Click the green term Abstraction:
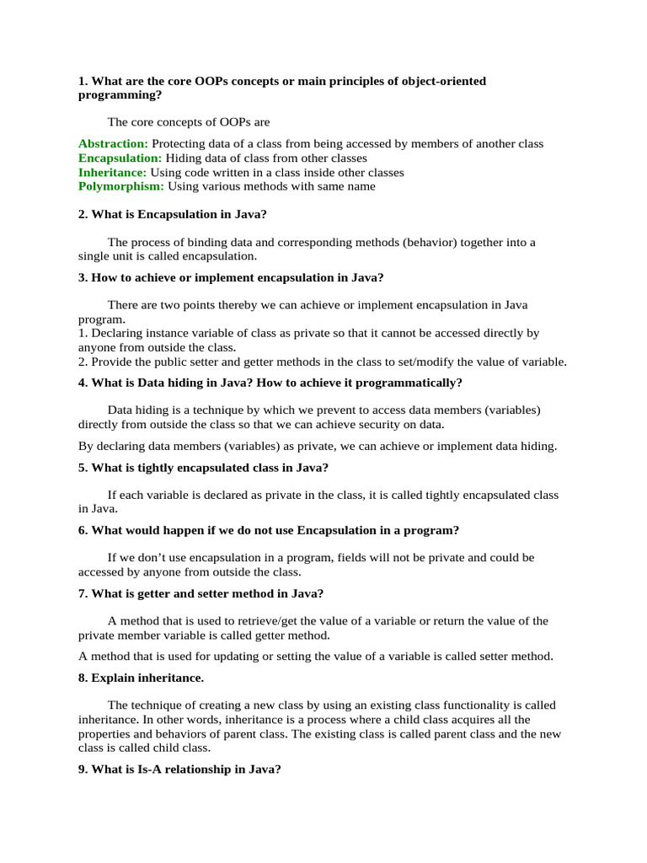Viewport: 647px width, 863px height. pyautogui.click(x=113, y=144)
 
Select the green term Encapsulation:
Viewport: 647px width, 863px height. pyautogui.click(x=120, y=158)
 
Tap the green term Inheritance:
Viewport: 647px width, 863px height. pyautogui.click(x=112, y=173)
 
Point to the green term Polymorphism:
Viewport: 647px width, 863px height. pyautogui.click(x=121, y=187)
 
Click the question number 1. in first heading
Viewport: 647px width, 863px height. pyautogui.click(x=83, y=81)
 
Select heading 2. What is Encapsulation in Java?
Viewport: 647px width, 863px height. pyautogui.click(x=172, y=215)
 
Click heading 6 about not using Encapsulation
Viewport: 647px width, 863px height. pyautogui.click(x=269, y=530)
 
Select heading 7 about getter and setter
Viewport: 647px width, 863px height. pyautogui.click(x=201, y=593)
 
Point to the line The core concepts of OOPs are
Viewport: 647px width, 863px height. pyautogui.click(x=189, y=122)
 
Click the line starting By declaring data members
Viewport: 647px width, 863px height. pyautogui.click(x=317, y=446)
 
